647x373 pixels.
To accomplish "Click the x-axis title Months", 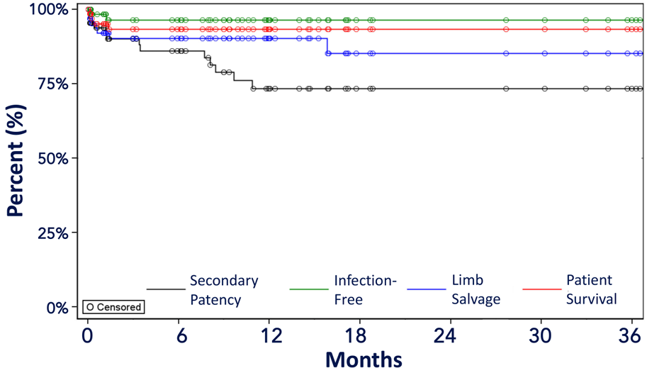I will [364, 358].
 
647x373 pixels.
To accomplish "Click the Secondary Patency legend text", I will [224, 289].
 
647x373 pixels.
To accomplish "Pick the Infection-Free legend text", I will [365, 289].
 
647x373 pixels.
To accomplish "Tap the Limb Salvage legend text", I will [474, 289].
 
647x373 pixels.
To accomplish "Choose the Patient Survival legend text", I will [591, 289].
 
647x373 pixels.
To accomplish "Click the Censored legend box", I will [113, 307].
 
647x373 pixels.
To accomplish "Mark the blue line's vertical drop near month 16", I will [326, 45].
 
